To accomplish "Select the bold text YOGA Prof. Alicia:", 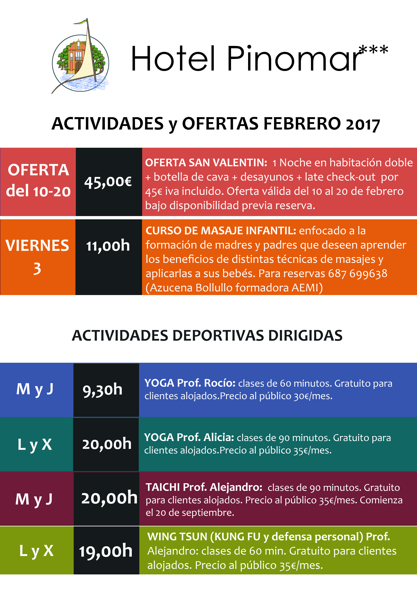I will tap(189, 437).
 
